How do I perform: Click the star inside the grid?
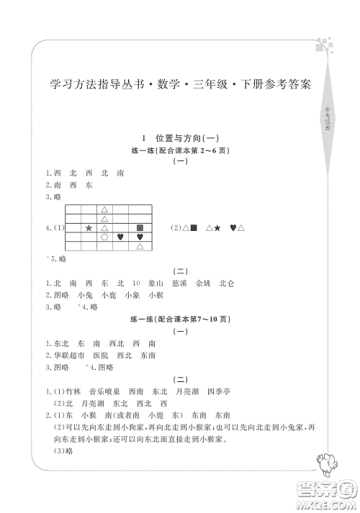click(x=89, y=227)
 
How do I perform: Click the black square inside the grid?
click(x=140, y=227)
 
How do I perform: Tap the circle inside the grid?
click(x=104, y=237)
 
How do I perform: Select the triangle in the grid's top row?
click(x=104, y=209)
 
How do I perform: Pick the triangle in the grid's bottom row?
click(x=140, y=246)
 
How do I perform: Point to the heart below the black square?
click(x=140, y=237)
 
